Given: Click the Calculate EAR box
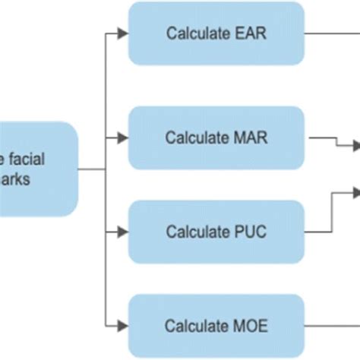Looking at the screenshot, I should coord(216,33).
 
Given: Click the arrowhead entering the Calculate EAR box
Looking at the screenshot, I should coord(123,33).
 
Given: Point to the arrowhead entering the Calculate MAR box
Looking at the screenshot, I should coord(123,139).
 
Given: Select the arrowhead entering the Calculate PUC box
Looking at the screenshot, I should coord(123,231).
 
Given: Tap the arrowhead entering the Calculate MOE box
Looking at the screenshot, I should coord(123,326).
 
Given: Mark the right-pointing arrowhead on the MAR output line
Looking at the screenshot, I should coord(355,145).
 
